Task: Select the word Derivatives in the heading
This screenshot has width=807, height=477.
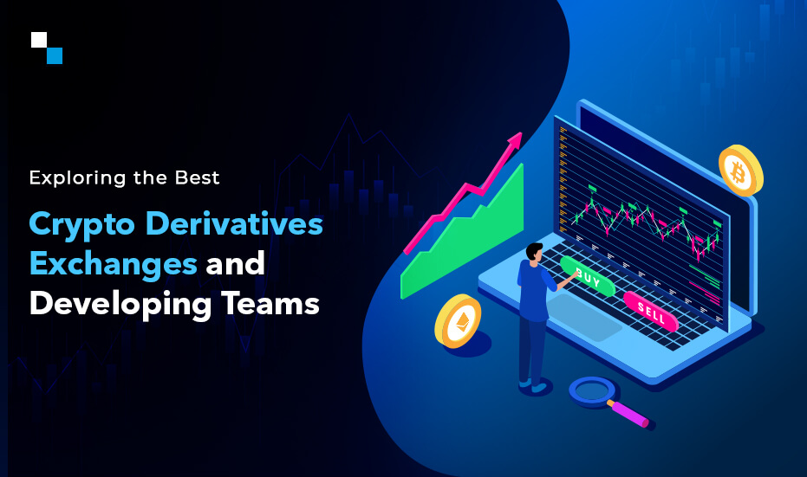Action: click(x=233, y=223)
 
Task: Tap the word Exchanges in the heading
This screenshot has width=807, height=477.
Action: click(x=113, y=263)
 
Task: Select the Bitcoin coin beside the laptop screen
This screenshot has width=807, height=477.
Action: click(x=740, y=169)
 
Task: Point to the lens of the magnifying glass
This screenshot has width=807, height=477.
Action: click(x=592, y=390)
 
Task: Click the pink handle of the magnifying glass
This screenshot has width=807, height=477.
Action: click(x=631, y=413)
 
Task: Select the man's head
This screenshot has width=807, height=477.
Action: click(x=535, y=251)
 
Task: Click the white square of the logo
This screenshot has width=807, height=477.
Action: click(x=38, y=40)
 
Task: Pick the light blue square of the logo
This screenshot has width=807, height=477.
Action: click(x=54, y=55)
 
